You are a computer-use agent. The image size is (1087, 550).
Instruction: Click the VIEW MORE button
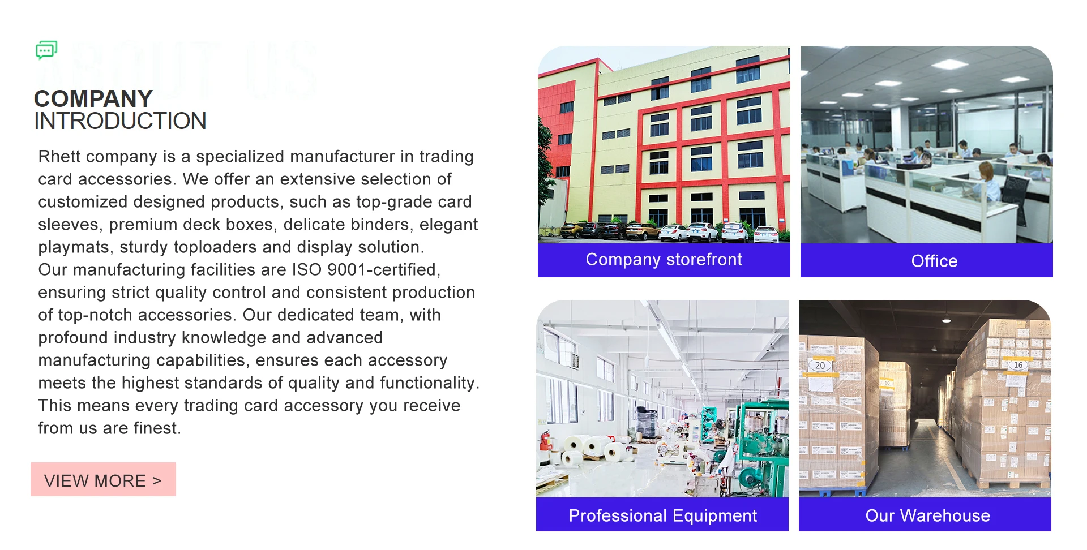103,479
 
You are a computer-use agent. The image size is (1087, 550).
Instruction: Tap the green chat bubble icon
46,50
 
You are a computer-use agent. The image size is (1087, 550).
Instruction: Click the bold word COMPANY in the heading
93,98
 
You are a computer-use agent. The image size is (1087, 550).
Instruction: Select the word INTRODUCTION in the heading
120,121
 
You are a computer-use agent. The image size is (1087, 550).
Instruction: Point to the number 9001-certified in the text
383,269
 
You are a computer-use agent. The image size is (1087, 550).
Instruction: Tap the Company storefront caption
664,260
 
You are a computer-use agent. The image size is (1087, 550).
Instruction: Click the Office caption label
934,261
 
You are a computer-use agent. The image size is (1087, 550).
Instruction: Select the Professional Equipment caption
662,515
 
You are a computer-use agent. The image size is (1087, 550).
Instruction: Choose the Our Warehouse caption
927,515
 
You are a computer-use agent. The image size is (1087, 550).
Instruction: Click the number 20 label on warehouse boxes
820,366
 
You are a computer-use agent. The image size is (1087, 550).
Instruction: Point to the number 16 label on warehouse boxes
1018,365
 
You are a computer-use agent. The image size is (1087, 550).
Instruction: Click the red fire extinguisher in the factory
546,441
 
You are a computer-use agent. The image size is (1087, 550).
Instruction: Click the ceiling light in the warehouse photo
946,320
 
